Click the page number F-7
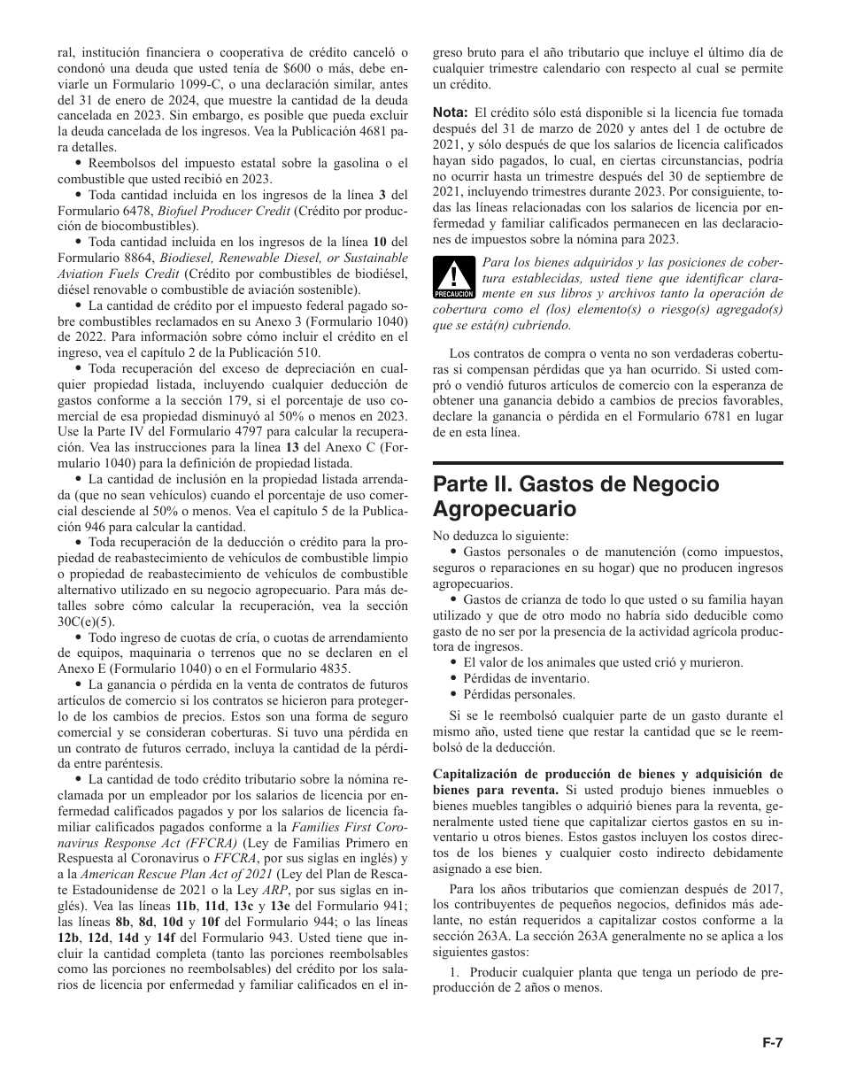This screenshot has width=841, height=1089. tap(773, 1043)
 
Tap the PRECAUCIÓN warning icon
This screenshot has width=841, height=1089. tap(452, 274)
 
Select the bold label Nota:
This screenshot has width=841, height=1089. tap(450, 112)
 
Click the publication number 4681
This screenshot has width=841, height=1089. tap(373, 131)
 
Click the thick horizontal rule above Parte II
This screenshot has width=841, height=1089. tap(607, 463)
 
